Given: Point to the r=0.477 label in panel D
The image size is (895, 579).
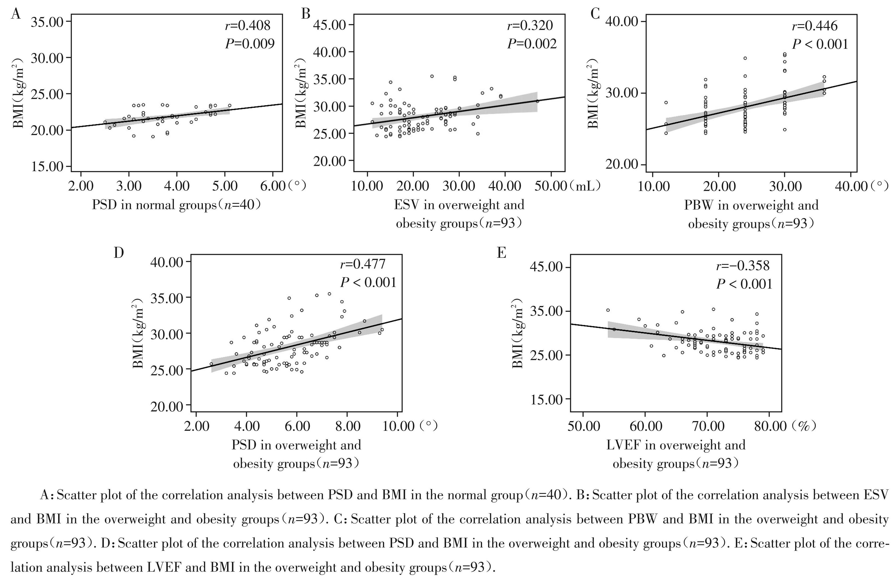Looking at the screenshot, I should point(363,264).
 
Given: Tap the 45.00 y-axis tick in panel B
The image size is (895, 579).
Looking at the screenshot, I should point(330,25).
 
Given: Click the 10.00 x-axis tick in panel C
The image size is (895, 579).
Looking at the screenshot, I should point(652,186).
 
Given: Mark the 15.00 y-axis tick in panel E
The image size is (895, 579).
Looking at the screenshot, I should point(546,399).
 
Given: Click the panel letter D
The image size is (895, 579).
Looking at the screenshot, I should point(119,253).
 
